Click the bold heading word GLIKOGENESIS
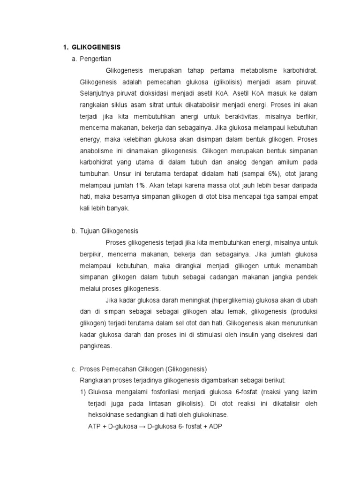[x=96, y=47]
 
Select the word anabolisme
[x=97, y=151]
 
